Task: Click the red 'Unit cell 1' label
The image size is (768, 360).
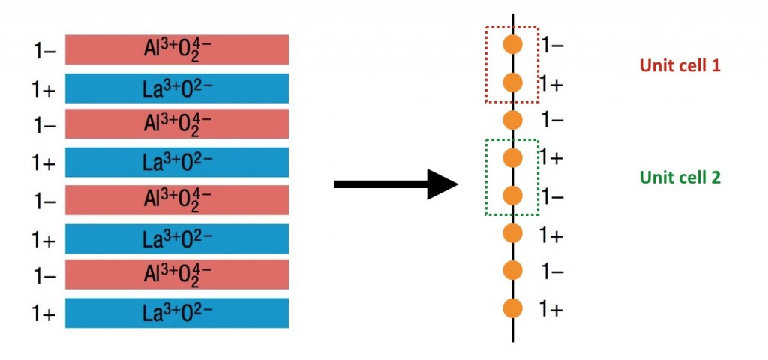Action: point(679,66)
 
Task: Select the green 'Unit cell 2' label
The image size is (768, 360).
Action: point(679,178)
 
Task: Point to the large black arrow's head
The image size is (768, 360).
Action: point(442,184)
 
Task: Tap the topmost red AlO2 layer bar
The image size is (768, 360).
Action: point(177,49)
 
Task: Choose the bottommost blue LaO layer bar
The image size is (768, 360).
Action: point(177,313)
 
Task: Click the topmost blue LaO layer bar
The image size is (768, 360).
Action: point(177,88)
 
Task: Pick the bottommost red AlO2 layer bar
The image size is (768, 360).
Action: point(177,274)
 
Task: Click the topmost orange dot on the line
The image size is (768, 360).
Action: point(513,44)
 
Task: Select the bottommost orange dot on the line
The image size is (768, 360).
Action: point(513,308)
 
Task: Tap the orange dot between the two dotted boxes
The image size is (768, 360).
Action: point(513,120)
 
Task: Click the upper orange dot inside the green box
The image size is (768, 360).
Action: point(513,157)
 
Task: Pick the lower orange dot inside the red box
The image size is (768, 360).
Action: point(513,82)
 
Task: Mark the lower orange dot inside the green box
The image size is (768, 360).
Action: point(513,196)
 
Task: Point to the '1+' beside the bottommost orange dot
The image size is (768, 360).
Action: point(551,309)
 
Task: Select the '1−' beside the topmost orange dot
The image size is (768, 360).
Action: point(552,46)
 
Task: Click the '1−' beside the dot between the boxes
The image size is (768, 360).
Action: point(552,121)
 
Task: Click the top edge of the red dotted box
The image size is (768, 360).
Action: point(511,28)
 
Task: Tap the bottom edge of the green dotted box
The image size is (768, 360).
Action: point(511,214)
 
